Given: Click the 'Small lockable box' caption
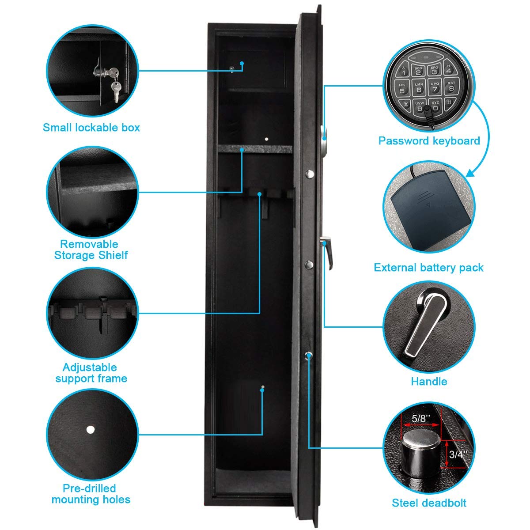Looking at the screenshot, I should pos(91,128).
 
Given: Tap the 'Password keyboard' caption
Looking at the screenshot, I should pos(429,141).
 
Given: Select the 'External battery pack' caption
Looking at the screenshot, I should pos(428,268).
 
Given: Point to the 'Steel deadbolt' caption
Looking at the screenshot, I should pos(429,503).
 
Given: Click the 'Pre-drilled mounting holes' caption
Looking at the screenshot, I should pos(91,494).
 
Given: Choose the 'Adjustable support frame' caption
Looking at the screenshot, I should pos(91,373).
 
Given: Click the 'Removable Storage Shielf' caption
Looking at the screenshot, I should pos(91,250).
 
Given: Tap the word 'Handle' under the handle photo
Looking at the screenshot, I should pos(429,381).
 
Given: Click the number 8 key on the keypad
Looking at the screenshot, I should pos(451,88).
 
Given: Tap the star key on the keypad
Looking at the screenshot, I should pos(403,105).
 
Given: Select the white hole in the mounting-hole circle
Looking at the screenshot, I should pos(91,429).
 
